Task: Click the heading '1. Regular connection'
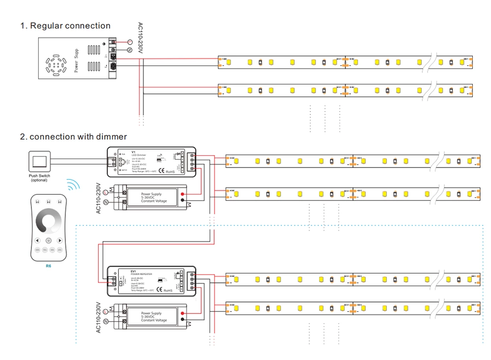[65, 26]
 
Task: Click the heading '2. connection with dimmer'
[73, 137]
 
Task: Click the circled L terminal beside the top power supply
[130, 43]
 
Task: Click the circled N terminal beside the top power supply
[130, 50]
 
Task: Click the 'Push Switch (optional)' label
[39, 178]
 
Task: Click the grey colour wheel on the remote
[49, 220]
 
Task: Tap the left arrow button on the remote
[37, 241]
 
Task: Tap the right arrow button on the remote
[60, 241]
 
